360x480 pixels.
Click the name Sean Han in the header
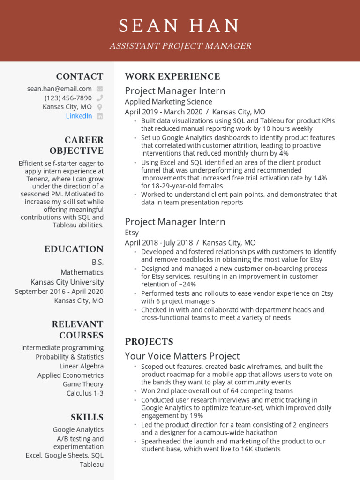180,26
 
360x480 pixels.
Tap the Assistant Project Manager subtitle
180,46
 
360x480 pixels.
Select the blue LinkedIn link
79,116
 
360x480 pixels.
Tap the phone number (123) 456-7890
68,98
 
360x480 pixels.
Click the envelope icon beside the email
99,89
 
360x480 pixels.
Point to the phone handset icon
99,98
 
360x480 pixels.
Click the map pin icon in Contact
99,107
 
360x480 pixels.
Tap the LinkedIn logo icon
99,116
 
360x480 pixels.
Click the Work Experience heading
172,76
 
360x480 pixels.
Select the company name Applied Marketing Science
168,102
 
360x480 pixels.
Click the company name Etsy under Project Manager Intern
132,232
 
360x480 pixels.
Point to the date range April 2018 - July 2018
159,243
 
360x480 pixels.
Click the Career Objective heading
77,145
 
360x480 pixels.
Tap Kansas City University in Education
67,282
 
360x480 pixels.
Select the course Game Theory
83,384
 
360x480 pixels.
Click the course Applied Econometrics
70,375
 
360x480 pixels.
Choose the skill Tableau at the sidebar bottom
91,465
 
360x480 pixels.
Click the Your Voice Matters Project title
182,356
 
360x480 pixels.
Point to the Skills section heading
87,417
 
